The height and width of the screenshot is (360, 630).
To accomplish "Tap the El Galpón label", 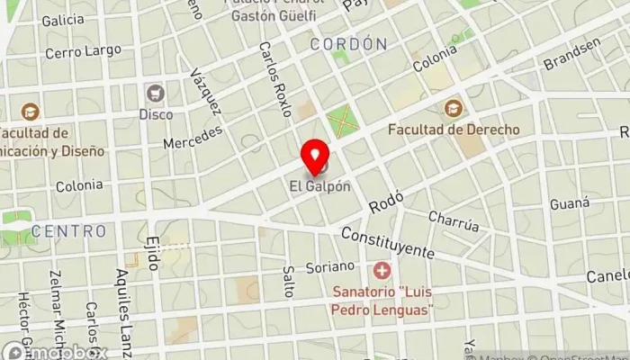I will coord(319,186).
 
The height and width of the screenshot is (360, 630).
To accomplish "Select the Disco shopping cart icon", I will coord(155,93).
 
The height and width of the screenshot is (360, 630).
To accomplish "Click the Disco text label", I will coord(155,114).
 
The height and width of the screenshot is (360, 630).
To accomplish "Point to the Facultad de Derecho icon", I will coord(453,108).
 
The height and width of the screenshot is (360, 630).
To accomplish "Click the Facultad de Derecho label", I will coord(454,130).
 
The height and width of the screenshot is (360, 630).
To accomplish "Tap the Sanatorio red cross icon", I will coord(382,270).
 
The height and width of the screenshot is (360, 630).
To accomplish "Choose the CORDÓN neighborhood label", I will coord(348,43).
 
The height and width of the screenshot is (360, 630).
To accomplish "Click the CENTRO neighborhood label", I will coord(69,231).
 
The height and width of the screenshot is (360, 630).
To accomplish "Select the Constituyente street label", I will coord(387,241).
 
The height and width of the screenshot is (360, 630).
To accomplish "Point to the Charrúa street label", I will coord(454,221).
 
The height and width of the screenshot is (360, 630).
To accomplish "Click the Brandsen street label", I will coord(571,55).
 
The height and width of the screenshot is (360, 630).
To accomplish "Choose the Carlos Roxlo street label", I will coord(274,79).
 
